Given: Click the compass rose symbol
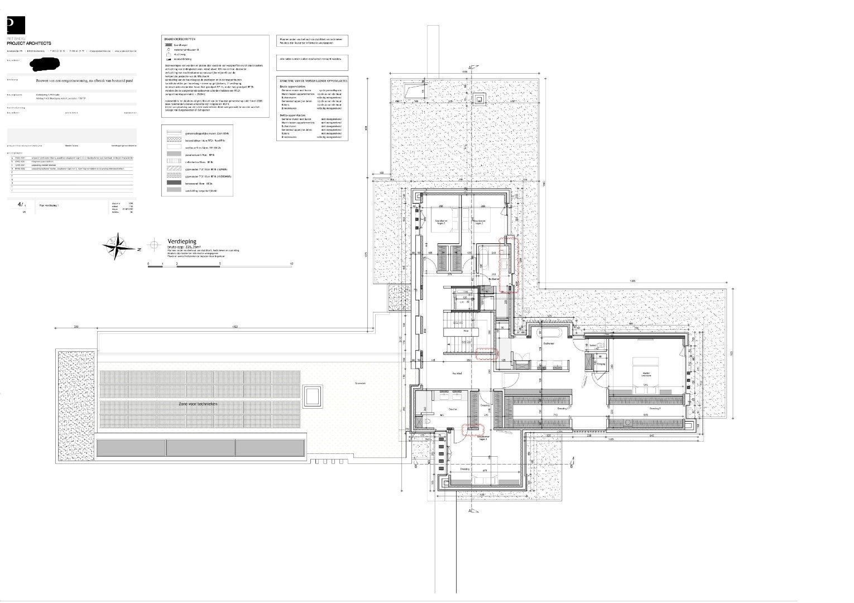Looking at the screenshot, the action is click(x=117, y=246).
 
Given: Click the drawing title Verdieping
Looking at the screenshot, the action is click(x=181, y=242).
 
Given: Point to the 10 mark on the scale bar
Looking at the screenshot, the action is click(x=291, y=263).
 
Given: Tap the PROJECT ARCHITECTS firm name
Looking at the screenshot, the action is click(x=28, y=43).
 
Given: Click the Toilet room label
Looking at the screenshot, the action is click(x=593, y=346).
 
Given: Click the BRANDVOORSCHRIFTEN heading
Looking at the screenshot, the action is click(x=179, y=39).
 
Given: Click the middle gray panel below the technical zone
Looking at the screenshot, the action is click(x=201, y=447).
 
